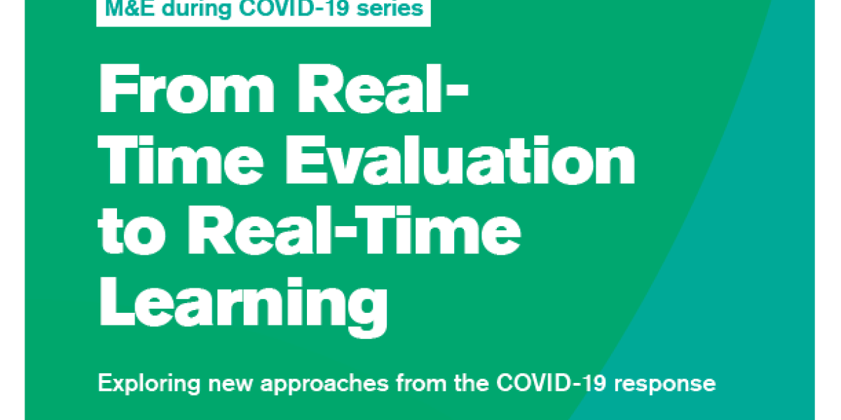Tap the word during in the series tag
[188, 8]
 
